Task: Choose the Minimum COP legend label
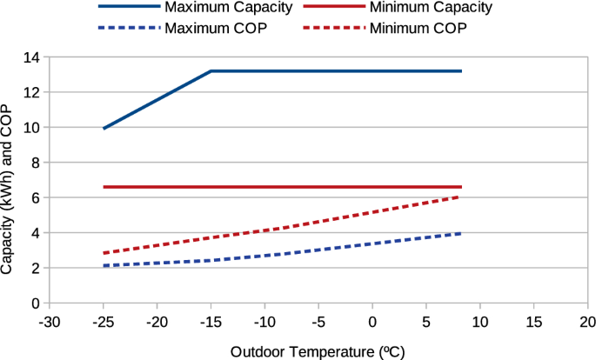click(x=418, y=28)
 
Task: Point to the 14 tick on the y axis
click(x=33, y=57)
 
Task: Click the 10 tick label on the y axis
click(x=33, y=128)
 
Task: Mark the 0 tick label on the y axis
click(x=37, y=303)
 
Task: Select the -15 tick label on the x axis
click(x=211, y=321)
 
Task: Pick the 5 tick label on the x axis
click(x=426, y=321)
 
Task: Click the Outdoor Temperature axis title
click(x=318, y=351)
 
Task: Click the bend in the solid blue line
click(x=211, y=70)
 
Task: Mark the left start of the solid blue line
click(x=104, y=129)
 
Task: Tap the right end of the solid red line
click(x=461, y=187)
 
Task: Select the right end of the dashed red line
click(x=461, y=197)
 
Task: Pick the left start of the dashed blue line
click(x=104, y=266)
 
